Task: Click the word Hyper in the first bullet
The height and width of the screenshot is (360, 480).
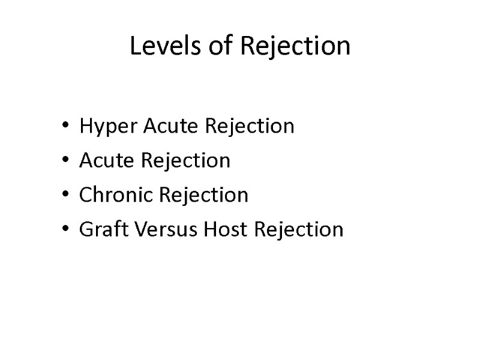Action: (100, 127)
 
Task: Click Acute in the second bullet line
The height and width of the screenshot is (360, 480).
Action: (101, 161)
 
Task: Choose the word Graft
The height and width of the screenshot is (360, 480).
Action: (98, 229)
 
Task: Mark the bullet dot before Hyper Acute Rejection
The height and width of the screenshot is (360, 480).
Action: (65, 127)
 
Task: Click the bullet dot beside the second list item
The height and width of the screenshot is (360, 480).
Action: (65, 161)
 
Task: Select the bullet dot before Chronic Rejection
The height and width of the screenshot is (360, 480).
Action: (65, 196)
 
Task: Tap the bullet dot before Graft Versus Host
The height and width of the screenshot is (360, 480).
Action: (65, 230)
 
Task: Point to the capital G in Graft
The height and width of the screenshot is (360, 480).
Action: (85, 229)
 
